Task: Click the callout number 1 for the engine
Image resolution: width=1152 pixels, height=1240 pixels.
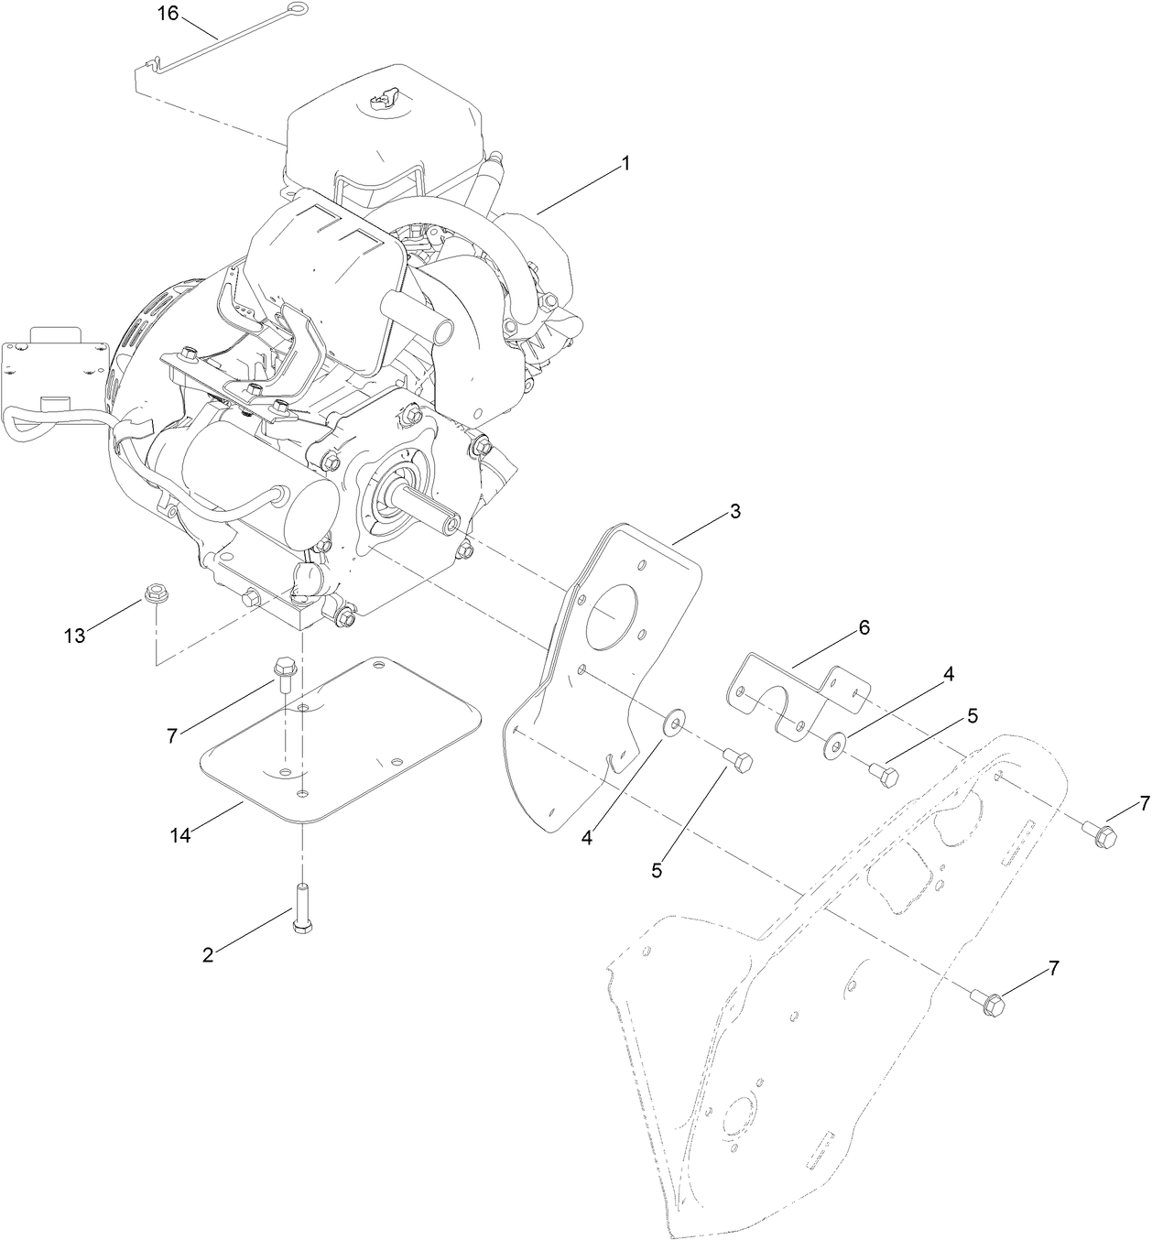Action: coord(625,163)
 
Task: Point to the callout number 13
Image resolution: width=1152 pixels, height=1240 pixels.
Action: coord(74,636)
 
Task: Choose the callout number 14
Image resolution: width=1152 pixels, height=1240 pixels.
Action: coord(181,834)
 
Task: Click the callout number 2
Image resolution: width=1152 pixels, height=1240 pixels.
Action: coord(208,954)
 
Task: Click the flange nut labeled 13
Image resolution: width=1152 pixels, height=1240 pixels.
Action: coord(154,595)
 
